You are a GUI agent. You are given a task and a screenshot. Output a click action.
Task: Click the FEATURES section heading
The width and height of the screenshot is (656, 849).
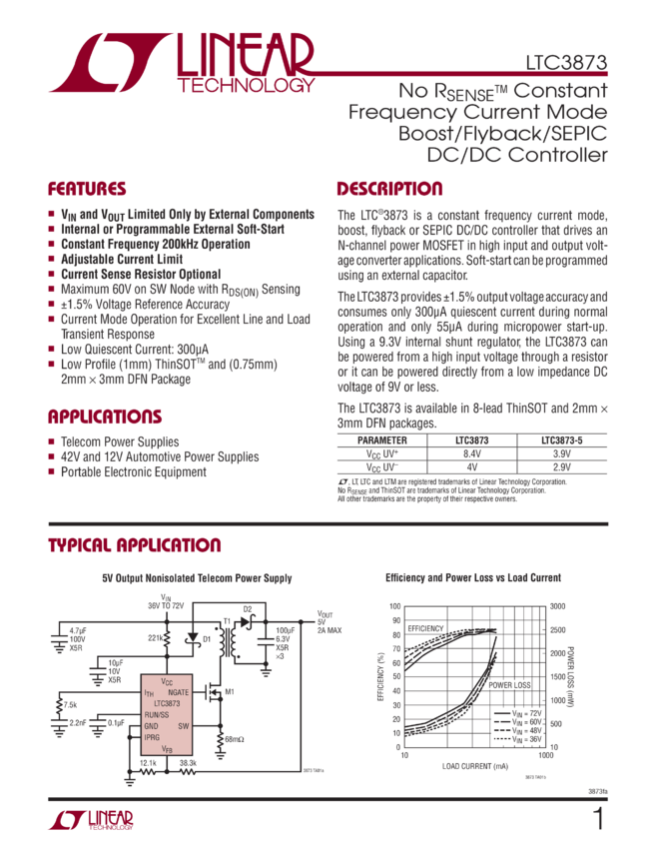[88, 189]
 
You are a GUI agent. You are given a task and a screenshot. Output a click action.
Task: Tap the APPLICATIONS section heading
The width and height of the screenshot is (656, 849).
[105, 418]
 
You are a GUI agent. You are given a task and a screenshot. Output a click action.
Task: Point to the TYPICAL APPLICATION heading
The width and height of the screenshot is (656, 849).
[136, 545]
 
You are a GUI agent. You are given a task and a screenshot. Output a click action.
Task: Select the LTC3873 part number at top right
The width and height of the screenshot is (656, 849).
[566, 62]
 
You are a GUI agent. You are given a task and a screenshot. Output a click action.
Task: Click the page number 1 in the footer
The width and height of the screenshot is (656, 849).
[598, 820]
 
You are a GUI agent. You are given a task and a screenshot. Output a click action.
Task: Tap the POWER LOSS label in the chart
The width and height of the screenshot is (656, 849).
[506, 685]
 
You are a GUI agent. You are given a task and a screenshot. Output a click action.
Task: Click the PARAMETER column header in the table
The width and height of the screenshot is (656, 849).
[384, 439]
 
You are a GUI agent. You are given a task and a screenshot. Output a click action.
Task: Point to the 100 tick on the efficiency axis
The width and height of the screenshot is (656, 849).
[396, 605]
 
